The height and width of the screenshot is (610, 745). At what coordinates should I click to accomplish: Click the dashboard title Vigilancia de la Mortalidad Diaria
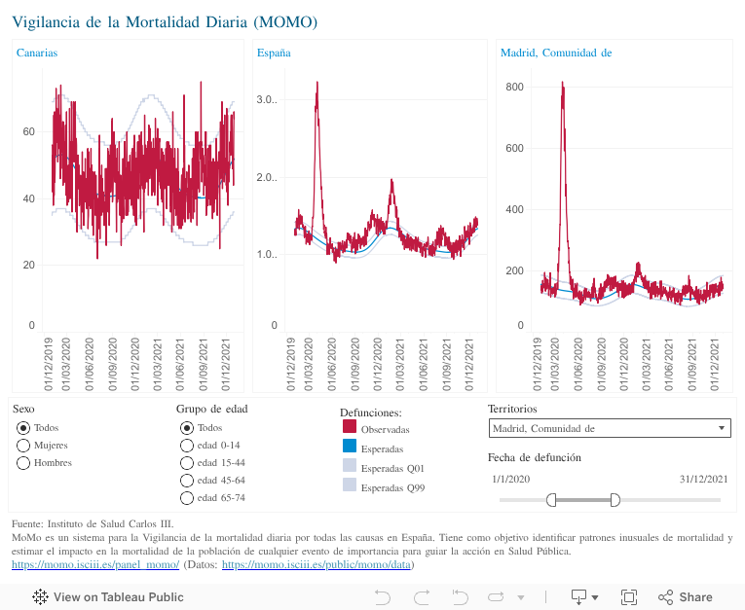pyautogui.click(x=165, y=20)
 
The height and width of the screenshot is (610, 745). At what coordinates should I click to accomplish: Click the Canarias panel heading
pyautogui.click(x=37, y=53)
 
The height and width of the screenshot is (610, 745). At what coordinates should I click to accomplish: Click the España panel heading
pyautogui.click(x=274, y=53)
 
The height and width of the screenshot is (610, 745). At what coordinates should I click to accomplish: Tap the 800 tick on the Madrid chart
pyautogui.click(x=514, y=88)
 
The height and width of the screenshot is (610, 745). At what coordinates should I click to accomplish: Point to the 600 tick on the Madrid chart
pyautogui.click(x=514, y=148)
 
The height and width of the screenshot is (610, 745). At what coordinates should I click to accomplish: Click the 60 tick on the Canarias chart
pyautogui.click(x=29, y=131)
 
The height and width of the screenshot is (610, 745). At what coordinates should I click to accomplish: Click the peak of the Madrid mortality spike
pyautogui.click(x=563, y=84)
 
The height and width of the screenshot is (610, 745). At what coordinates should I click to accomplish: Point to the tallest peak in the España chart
pyautogui.click(x=317, y=84)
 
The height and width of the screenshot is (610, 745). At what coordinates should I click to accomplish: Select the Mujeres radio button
pyautogui.click(x=23, y=445)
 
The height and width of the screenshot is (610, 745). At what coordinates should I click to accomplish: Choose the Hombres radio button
pyautogui.click(x=23, y=462)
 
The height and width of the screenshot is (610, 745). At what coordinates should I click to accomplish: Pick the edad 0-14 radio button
pyautogui.click(x=187, y=445)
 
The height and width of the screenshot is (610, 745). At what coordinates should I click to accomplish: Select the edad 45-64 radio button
pyautogui.click(x=187, y=480)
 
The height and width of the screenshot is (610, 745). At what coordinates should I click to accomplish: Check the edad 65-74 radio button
pyautogui.click(x=187, y=497)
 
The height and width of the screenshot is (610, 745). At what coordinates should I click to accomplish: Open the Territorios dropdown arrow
pyautogui.click(x=721, y=428)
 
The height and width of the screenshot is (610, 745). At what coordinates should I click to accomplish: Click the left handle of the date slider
pyautogui.click(x=551, y=499)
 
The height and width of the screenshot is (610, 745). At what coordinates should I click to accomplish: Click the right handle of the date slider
pyautogui.click(x=615, y=499)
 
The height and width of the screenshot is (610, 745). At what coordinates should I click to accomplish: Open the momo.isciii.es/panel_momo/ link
pyautogui.click(x=95, y=564)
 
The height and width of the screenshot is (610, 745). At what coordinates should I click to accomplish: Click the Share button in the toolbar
pyautogui.click(x=686, y=596)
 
